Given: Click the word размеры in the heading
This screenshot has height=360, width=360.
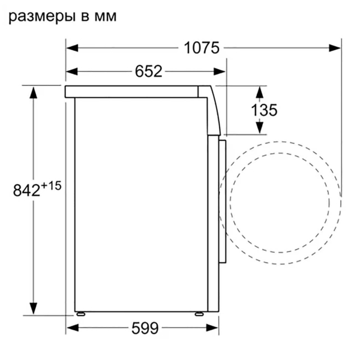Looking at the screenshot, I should [x=40, y=17].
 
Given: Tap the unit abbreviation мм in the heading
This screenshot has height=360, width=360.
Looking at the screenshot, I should [x=103, y=17].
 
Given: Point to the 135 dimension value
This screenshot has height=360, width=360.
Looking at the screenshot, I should [x=263, y=110].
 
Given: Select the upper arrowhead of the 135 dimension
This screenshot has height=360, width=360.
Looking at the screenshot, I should [x=259, y=91].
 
